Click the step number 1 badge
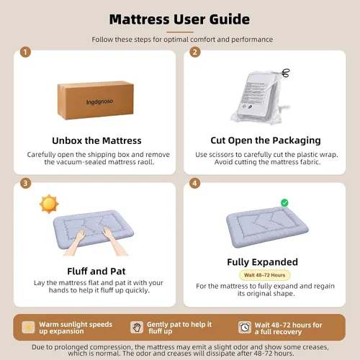point(25,52)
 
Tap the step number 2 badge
point(195,52)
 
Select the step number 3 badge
point(25,184)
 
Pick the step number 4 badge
point(194,184)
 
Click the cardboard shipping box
point(96,100)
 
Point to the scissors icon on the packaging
point(285,73)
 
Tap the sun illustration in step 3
point(49,204)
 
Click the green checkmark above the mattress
point(284,203)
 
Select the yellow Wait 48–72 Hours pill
point(265,275)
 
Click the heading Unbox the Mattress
point(96,140)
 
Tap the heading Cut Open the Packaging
point(266,140)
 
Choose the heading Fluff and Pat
point(96,271)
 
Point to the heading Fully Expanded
point(263,262)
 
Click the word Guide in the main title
point(230,19)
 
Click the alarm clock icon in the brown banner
point(245,328)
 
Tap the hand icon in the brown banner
point(137,328)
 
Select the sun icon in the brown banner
point(28,328)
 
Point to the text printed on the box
point(99,102)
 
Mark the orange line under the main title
point(180,32)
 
